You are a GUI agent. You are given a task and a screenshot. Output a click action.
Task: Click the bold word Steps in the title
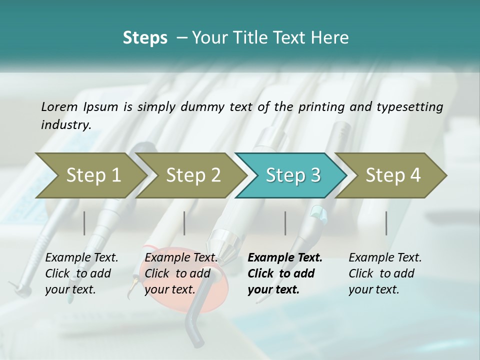tap(145, 38)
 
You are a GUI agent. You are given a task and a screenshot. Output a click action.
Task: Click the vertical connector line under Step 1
tap(84, 223)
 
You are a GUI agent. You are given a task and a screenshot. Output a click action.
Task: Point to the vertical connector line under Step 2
tap(184, 223)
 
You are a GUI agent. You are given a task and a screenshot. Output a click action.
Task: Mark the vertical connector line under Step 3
tap(285, 223)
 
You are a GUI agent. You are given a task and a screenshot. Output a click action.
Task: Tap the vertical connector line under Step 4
tap(386, 223)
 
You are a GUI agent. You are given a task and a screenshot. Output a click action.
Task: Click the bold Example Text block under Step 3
tap(285, 273)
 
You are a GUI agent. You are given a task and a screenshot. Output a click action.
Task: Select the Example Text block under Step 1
tap(81, 273)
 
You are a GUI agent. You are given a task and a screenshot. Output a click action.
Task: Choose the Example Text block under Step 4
tap(385, 273)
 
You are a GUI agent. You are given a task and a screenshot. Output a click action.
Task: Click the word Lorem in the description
tap(59, 106)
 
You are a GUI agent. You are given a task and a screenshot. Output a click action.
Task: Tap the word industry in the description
tap(65, 125)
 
